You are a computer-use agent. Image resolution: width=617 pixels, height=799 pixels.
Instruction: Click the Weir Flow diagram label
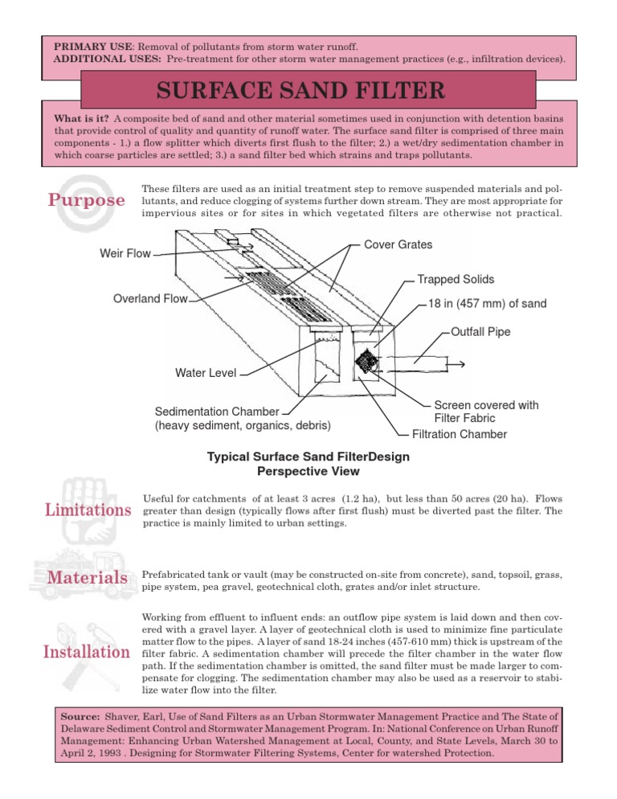point(125,254)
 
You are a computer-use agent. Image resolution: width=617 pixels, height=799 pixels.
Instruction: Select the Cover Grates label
point(398,244)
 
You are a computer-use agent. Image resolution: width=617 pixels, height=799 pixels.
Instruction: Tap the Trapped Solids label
point(456,280)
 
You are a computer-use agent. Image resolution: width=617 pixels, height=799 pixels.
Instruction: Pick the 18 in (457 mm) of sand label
point(481,305)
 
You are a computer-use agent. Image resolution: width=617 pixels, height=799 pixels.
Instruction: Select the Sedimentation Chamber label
point(217,411)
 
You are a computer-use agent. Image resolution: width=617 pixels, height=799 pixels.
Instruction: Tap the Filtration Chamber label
point(459,434)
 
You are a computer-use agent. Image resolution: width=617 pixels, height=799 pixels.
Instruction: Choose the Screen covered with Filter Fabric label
point(486,412)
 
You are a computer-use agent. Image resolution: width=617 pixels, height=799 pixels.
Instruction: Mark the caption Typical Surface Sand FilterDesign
point(308,457)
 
